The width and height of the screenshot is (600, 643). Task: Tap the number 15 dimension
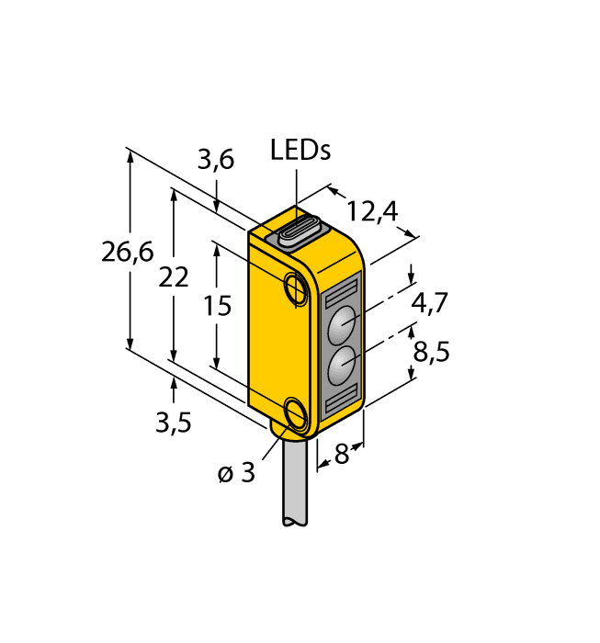click(x=217, y=305)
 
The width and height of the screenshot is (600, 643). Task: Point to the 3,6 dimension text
click(x=216, y=160)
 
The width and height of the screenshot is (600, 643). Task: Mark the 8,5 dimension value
click(x=431, y=351)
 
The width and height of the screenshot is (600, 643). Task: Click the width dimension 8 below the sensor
click(x=341, y=454)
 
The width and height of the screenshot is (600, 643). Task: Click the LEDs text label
click(x=300, y=151)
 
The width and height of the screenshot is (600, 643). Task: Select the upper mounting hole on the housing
click(x=296, y=288)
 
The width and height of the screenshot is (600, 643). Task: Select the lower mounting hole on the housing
click(x=296, y=414)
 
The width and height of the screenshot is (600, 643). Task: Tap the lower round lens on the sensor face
click(x=341, y=365)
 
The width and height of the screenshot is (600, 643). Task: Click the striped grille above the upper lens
click(x=341, y=293)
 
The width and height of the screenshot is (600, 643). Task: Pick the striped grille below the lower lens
click(x=341, y=398)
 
